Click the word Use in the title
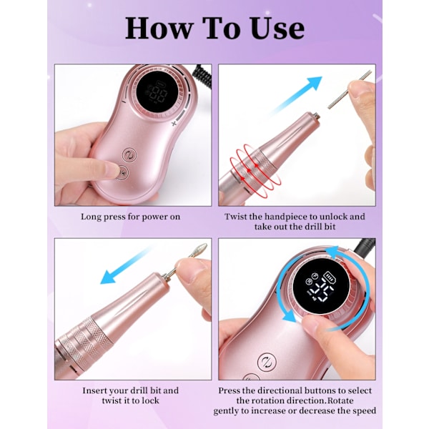[x=277, y=28]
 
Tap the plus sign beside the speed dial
[x=174, y=124]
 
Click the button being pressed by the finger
[x=122, y=173]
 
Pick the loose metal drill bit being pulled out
[x=350, y=89]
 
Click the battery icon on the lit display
[x=330, y=277]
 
